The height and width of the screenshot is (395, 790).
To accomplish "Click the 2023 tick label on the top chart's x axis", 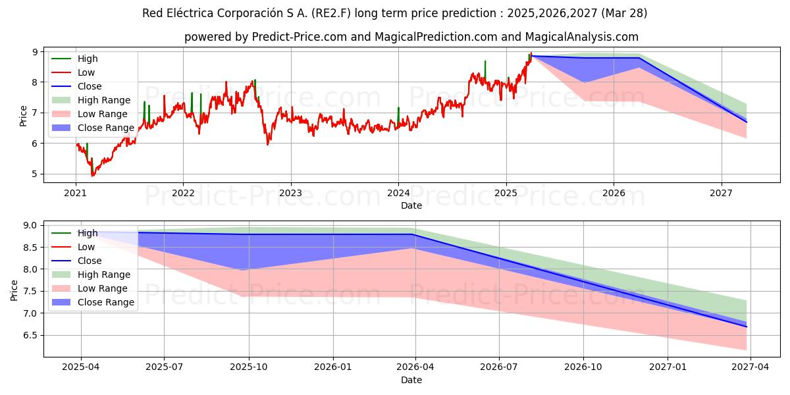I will click(x=290, y=194).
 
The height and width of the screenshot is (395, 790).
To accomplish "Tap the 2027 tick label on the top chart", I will click(x=722, y=194).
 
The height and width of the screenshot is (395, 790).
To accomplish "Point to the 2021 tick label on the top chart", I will click(x=75, y=194).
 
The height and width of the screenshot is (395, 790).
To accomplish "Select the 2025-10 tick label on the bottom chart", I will click(x=249, y=367).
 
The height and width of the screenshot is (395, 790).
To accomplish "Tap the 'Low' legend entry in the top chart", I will click(x=86, y=73).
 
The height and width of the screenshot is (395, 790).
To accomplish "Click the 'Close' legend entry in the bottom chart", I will click(x=90, y=261).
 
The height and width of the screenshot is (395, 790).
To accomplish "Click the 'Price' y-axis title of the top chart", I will click(x=24, y=115).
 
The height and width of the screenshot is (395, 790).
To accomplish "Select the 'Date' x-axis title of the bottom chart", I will click(x=411, y=380).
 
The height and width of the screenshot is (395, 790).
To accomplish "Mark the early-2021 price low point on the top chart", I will click(x=93, y=176).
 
